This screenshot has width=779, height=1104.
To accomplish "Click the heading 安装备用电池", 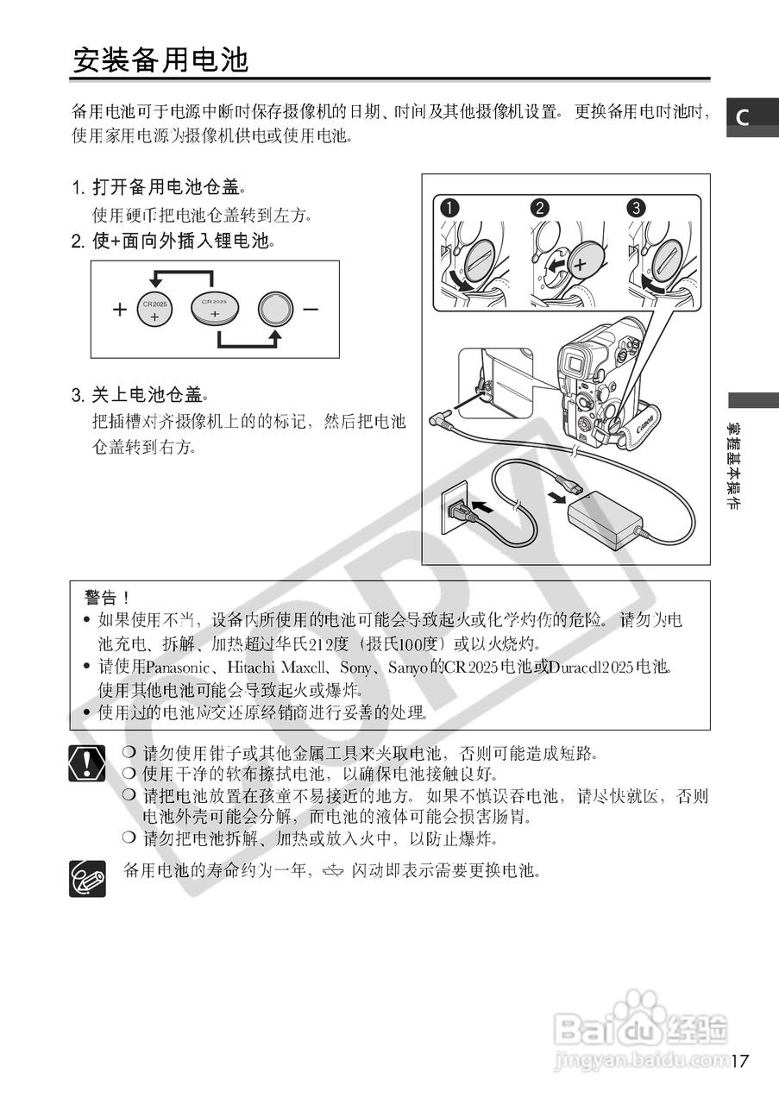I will pyautogui.click(x=160, y=60).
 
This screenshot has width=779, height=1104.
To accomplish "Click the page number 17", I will pyautogui.click(x=739, y=1060).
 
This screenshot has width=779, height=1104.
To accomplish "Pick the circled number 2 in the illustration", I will pyautogui.click(x=540, y=208).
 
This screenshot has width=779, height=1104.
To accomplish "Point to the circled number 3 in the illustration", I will pyautogui.click(x=636, y=208).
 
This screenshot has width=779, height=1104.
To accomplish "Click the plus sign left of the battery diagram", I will pyautogui.click(x=119, y=310).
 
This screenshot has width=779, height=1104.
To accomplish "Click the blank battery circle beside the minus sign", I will pyautogui.click(x=276, y=309).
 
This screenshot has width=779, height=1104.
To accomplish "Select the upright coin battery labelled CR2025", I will pyautogui.click(x=155, y=310).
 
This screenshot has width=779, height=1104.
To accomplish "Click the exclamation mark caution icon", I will pyautogui.click(x=87, y=763).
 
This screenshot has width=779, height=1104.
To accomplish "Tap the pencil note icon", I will pyautogui.click(x=87, y=878).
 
